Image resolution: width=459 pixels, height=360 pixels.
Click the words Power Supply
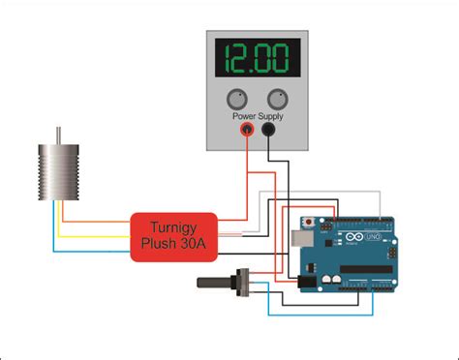point(257,116)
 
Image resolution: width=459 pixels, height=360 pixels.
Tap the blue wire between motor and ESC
point(92,249)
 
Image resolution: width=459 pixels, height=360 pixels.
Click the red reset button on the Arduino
point(308,221)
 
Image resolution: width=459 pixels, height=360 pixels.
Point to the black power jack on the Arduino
point(307,280)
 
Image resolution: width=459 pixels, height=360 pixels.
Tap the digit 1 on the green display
point(229,58)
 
